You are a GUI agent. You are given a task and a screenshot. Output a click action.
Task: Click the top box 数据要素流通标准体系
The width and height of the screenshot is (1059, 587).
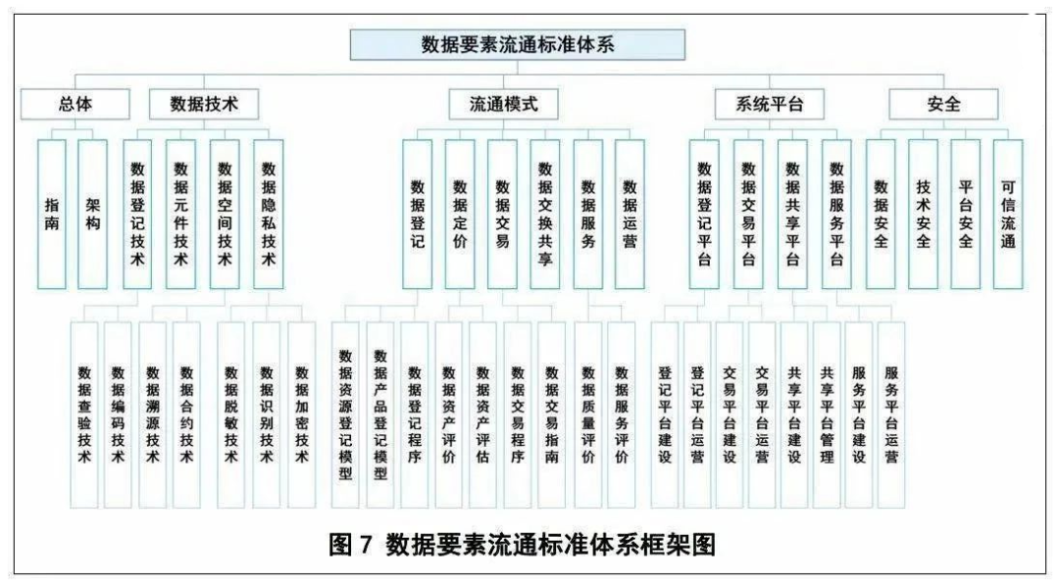pyautogui.click(x=518, y=44)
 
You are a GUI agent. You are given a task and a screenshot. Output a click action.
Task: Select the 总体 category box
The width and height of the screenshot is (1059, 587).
pyautogui.click(x=75, y=104)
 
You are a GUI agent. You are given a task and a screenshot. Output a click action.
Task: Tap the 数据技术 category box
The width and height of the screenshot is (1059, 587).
pyautogui.click(x=203, y=104)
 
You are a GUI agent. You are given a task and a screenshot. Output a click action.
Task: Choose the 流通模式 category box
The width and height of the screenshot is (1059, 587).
pyautogui.click(x=504, y=104)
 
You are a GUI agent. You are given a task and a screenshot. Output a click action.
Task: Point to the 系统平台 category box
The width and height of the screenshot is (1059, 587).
pyautogui.click(x=770, y=104)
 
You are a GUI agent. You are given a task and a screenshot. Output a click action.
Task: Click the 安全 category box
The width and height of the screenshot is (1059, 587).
pyautogui.click(x=943, y=104)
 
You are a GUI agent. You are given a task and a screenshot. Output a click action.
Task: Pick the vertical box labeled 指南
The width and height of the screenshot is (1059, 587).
pyautogui.click(x=51, y=215)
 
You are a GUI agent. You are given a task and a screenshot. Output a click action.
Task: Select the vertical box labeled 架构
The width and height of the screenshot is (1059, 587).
pyautogui.click(x=92, y=215)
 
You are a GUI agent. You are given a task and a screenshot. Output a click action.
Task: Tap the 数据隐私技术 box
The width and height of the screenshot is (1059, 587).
pyautogui.click(x=268, y=215)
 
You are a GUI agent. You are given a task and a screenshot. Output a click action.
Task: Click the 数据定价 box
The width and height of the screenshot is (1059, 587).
pyautogui.click(x=460, y=215)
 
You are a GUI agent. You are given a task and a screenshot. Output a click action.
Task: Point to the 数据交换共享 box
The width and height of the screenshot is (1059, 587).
pyautogui.click(x=545, y=215)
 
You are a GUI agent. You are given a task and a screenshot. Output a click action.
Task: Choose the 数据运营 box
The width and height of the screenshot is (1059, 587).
pyautogui.click(x=630, y=215)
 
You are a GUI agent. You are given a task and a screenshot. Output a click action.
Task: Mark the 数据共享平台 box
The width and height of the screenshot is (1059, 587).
pyautogui.click(x=792, y=215)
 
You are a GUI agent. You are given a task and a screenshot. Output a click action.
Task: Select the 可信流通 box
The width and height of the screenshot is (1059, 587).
pyautogui.click(x=1008, y=215)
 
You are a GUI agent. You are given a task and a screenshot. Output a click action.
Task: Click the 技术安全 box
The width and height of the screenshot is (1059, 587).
pyautogui.click(x=924, y=215)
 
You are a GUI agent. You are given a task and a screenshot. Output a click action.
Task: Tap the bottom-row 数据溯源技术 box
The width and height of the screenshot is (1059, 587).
pyautogui.click(x=153, y=415)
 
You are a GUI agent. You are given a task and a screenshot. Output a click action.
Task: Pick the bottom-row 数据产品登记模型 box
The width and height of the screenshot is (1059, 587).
pyautogui.click(x=380, y=415)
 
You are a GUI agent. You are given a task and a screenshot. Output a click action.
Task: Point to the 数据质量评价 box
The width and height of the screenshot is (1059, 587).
pyautogui.click(x=588, y=415)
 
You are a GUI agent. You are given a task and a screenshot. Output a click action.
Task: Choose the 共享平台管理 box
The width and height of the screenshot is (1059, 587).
pyautogui.click(x=827, y=415)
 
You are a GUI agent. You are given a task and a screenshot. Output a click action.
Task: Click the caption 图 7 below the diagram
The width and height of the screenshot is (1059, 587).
pyautogui.click(x=350, y=544)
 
